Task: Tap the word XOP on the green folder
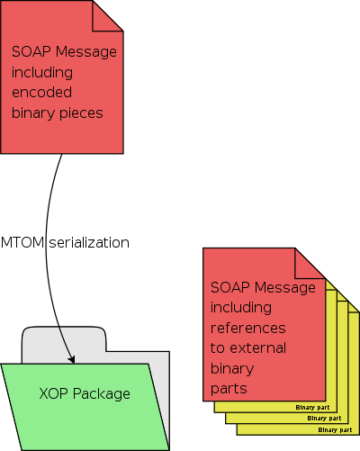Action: coord(55,393)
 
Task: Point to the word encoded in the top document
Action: coord(42,92)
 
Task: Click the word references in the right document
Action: coord(248,328)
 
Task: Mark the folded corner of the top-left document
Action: coord(109,15)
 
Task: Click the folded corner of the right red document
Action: coord(308,262)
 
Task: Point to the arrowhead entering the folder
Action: coord(71,358)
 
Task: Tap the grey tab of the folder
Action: coord(63,338)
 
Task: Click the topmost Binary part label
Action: coord(312,407)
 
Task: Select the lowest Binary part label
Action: coord(334,429)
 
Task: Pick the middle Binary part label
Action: coord(323,419)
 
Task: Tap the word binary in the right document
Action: coord(232,368)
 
